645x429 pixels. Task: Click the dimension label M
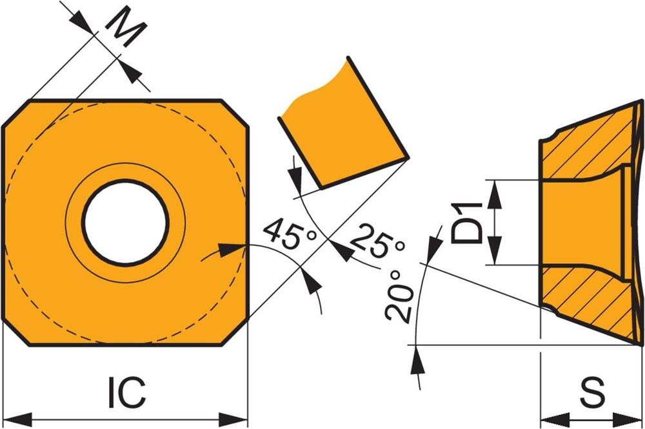pyautogui.click(x=126, y=26)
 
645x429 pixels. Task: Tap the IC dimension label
pyautogui.click(x=126, y=392)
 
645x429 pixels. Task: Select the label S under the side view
pyautogui.click(x=592, y=392)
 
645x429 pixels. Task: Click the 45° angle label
pyautogui.click(x=290, y=235)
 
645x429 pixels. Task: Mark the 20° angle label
pyautogui.click(x=399, y=296)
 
